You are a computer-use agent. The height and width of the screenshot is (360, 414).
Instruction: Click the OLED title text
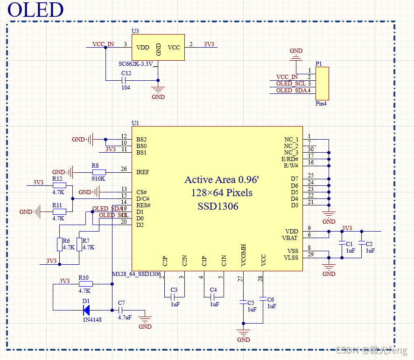[x=35, y=10]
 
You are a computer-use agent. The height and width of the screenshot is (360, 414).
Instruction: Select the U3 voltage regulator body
[x=158, y=47]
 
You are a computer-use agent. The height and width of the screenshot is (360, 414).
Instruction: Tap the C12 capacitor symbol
[x=125, y=80]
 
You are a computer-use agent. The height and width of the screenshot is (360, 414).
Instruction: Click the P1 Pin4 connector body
[x=322, y=83]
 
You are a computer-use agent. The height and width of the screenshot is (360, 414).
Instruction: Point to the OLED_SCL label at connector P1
[x=290, y=84]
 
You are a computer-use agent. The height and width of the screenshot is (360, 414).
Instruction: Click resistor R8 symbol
[x=99, y=172]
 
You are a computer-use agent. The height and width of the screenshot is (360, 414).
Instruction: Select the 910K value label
[x=98, y=178]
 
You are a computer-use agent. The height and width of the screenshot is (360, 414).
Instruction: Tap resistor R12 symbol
[x=59, y=185]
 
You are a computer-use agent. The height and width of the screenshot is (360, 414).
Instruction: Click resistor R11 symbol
[x=59, y=212]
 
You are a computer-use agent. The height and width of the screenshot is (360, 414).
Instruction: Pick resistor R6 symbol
[x=59, y=244]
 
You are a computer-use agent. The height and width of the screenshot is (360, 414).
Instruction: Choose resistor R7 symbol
[x=79, y=244]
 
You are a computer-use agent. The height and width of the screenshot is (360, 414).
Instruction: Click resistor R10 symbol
[x=85, y=283]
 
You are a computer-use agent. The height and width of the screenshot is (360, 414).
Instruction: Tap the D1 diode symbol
[x=86, y=310]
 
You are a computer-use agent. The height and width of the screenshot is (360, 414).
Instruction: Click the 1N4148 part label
[x=91, y=319]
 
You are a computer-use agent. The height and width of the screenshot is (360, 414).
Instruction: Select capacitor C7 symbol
[x=120, y=310]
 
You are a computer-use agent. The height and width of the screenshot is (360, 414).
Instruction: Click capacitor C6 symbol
[x=263, y=299]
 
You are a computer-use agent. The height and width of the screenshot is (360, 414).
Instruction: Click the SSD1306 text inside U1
[x=218, y=206]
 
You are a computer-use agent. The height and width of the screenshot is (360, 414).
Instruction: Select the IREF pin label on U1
[x=143, y=172]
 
